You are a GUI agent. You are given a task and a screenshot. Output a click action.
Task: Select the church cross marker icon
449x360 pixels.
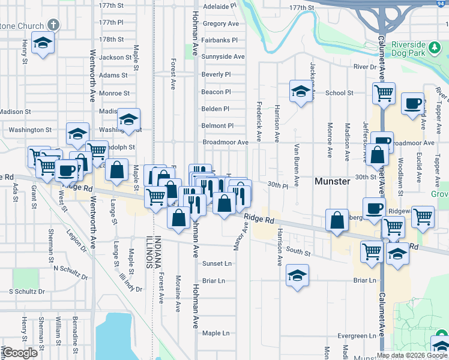[x=54, y=25]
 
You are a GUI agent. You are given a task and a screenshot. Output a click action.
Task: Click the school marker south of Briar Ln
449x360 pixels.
[x=297, y=276]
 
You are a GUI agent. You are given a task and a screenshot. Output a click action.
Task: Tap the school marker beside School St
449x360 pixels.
[x=301, y=92]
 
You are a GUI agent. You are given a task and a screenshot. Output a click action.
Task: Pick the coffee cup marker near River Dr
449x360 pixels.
[x=412, y=103]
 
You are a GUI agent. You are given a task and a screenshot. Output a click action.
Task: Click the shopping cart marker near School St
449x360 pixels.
[x=383, y=93]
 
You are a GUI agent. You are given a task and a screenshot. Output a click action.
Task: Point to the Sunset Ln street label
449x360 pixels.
[x=217, y=263]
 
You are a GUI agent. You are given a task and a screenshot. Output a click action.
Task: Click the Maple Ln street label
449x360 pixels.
[x=216, y=333]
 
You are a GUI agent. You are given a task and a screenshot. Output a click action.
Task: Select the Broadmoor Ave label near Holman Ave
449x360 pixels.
[x=225, y=143]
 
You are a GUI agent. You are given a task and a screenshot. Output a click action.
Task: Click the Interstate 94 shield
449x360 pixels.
[x=440, y=3]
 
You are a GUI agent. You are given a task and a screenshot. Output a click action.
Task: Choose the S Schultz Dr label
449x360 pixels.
[x=27, y=291]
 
